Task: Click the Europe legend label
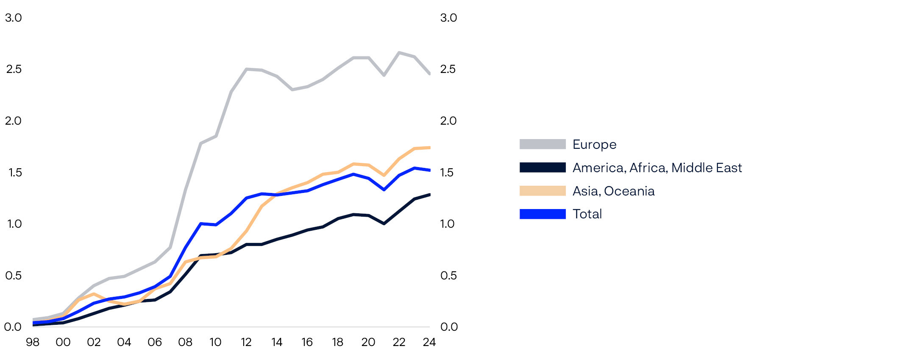(x=594, y=145)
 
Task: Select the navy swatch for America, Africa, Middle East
(x=542, y=167)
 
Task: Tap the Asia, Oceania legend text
(x=613, y=191)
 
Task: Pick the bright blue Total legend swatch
(x=542, y=214)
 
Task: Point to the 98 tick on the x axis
(x=33, y=342)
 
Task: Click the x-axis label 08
(x=185, y=342)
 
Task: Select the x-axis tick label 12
(x=246, y=342)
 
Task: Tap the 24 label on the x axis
(x=429, y=342)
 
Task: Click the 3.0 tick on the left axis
(x=13, y=18)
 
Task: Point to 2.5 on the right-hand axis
(x=448, y=69)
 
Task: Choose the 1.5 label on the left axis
(x=15, y=173)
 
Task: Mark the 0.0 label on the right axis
(x=449, y=327)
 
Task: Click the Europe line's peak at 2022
(x=399, y=53)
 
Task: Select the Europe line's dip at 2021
(x=384, y=75)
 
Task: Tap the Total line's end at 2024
(x=429, y=170)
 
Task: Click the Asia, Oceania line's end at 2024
(x=429, y=148)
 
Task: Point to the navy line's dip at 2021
(x=384, y=223)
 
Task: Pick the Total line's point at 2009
(x=200, y=223)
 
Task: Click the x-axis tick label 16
(x=307, y=342)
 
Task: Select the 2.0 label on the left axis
(x=13, y=121)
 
